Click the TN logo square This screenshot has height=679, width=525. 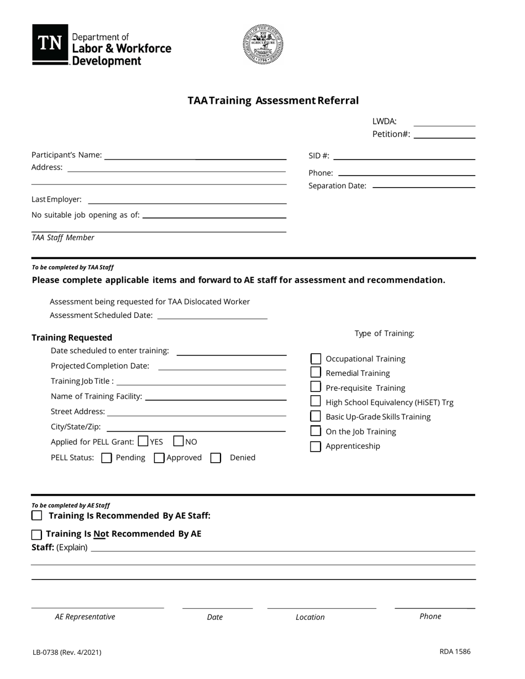50,44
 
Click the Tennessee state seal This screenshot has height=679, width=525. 263,44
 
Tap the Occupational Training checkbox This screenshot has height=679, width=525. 316,359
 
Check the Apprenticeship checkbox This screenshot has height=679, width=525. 316,446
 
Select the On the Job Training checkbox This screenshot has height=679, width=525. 316,431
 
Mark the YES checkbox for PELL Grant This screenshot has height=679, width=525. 143,441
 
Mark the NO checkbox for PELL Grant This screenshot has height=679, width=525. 179,441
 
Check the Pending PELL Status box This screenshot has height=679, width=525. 107,458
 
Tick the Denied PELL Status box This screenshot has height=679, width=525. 216,458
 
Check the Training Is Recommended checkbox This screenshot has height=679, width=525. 37,516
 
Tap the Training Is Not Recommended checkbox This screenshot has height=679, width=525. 37,534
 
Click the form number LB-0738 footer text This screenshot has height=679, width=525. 66,653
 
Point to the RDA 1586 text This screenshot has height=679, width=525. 455,651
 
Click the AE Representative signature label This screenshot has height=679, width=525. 85,617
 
